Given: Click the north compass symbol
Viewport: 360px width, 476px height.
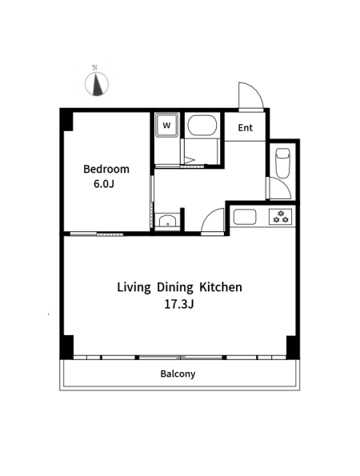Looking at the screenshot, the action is (97, 84).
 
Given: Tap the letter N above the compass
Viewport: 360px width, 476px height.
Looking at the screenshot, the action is (95, 68).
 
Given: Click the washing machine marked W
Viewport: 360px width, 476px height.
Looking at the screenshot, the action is (166, 125).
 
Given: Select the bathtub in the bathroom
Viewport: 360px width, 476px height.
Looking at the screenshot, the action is (202, 126).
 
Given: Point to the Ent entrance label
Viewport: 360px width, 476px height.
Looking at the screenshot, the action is (246, 128).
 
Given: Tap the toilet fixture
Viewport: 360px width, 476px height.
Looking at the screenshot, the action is (282, 163).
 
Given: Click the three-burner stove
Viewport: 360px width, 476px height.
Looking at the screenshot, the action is (281, 217).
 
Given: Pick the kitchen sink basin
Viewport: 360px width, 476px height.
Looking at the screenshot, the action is (245, 217).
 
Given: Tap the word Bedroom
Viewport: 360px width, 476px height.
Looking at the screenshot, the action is (106, 169).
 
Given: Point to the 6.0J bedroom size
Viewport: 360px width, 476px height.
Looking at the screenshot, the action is (104, 184).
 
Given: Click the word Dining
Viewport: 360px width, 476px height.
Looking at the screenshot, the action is (175, 287).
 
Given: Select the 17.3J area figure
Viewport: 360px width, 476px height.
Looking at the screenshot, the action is (179, 304).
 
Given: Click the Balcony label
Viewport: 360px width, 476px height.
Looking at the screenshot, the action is (178, 374).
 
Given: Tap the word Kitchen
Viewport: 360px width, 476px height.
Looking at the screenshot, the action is (221, 287).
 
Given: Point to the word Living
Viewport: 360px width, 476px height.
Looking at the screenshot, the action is (134, 287).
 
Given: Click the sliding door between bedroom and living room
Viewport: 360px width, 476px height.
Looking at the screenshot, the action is (97, 234).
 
